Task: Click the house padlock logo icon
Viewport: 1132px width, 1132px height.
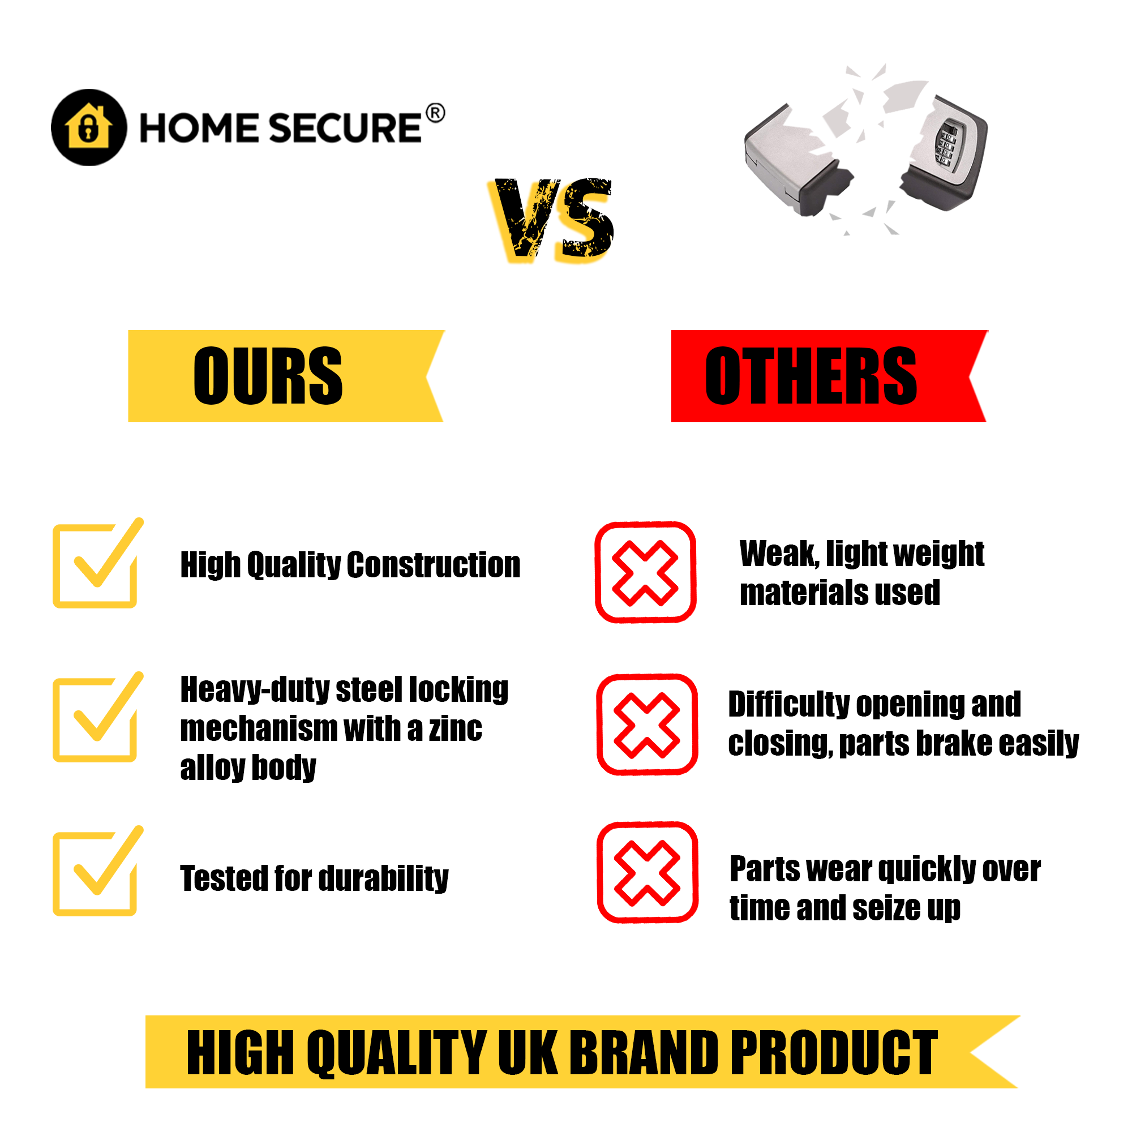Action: point(89,127)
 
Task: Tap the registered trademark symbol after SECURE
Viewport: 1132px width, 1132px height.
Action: point(435,113)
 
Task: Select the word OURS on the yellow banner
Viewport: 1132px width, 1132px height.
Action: point(268,376)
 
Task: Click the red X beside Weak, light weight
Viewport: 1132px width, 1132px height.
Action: point(645,572)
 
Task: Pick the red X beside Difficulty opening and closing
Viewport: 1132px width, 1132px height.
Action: point(647,725)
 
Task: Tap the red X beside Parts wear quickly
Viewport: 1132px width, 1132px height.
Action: point(647,872)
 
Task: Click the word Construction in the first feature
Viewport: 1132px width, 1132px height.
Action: point(434,565)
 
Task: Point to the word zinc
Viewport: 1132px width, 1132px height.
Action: point(455,728)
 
